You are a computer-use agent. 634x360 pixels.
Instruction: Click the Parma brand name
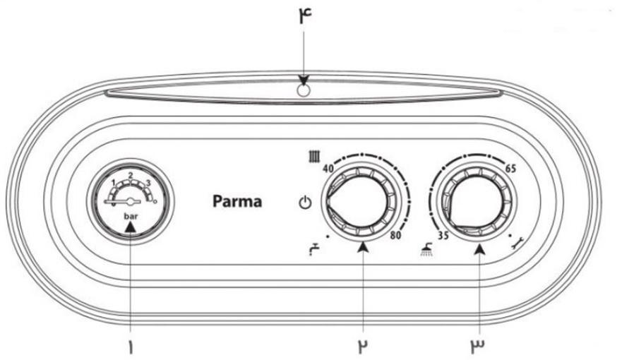237,201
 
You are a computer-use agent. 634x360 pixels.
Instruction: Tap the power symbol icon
305,203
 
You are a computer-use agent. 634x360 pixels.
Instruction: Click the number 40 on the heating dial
328,169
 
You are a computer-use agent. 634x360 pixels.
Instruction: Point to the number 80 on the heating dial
396,235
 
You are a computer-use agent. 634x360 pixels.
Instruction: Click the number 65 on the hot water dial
510,168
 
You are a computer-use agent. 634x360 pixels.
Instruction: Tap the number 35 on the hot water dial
443,235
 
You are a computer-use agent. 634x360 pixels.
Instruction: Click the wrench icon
517,243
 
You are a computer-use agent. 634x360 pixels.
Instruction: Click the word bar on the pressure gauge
131,217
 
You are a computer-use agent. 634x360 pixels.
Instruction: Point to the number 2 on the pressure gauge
131,175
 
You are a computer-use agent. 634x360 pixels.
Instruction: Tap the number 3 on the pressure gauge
148,184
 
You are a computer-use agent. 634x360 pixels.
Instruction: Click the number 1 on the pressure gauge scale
114,182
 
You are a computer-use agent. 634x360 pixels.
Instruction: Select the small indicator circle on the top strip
304,91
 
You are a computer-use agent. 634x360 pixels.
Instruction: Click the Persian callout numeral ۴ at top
306,17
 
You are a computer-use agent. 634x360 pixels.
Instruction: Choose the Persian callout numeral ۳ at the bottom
477,346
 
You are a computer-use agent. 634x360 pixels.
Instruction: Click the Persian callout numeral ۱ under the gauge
130,347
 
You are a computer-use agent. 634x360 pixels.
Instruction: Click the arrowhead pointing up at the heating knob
364,247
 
